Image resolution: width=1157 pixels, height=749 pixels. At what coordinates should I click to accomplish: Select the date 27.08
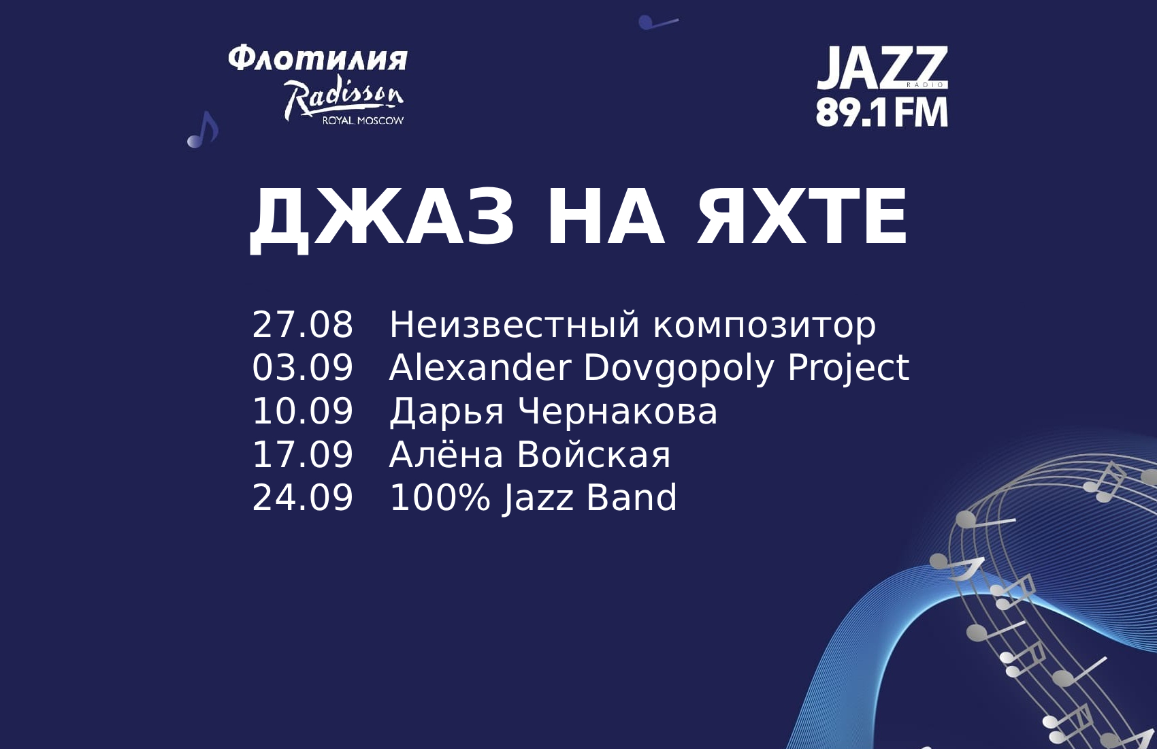click(302, 325)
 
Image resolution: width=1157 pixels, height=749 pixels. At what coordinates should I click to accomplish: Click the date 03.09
click(302, 368)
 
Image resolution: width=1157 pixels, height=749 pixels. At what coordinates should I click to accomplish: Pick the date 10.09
click(302, 411)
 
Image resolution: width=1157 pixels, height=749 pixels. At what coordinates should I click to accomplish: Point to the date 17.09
click(302, 454)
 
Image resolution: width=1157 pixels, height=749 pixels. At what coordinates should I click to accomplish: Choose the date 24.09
click(302, 497)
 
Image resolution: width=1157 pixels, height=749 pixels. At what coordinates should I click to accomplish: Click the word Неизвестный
click(515, 325)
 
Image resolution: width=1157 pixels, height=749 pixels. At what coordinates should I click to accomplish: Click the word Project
click(848, 370)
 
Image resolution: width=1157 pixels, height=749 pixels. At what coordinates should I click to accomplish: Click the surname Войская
click(593, 454)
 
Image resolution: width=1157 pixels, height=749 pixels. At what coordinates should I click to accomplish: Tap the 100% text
click(440, 497)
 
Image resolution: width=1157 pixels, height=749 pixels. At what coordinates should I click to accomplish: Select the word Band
click(631, 497)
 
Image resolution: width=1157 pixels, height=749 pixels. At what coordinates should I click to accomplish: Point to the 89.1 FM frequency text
click(881, 112)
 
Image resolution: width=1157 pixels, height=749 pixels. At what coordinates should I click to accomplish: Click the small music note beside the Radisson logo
click(203, 130)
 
